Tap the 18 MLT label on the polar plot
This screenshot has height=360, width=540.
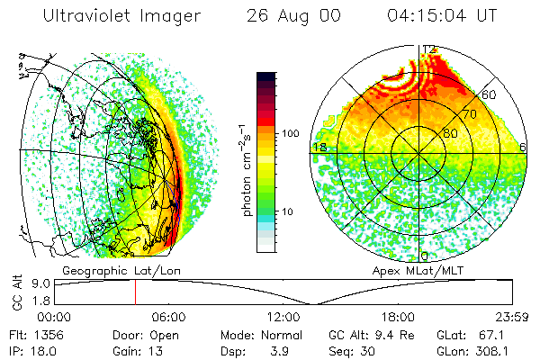[318, 147]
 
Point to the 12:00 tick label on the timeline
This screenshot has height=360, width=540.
[283, 316]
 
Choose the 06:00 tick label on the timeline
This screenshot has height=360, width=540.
[168, 316]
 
